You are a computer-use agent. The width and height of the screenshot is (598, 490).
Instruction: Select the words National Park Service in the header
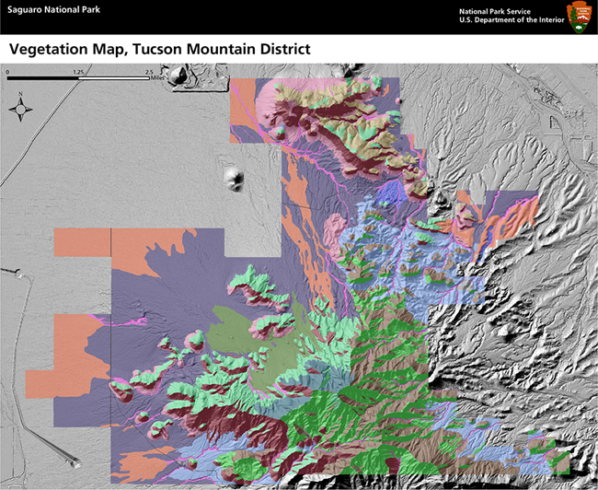pos(498,10)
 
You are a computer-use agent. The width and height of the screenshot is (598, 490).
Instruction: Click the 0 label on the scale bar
pos(7,70)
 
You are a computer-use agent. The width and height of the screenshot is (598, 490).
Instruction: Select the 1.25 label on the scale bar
pos(79,70)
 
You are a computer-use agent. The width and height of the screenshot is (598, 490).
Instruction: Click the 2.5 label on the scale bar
pos(150,70)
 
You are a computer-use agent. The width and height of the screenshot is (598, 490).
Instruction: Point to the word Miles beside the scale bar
pos(164,78)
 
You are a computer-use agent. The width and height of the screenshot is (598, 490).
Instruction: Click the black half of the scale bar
pos(43,78)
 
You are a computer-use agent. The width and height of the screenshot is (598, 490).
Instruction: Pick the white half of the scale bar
pos(115,78)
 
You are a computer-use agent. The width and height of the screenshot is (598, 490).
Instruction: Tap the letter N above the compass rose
pos(20,93)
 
